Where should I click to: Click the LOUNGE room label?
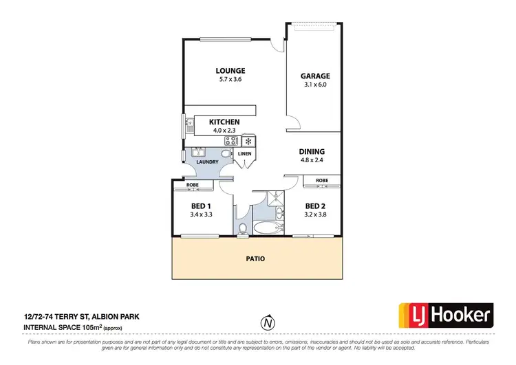230,71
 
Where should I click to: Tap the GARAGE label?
315,76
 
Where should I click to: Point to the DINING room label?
311,152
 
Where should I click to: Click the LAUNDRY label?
207,162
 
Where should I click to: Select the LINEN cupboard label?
245,154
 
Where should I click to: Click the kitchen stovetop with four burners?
230,141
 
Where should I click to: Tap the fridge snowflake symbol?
247,141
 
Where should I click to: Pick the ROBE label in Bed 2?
321,181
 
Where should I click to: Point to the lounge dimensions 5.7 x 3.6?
230,80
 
